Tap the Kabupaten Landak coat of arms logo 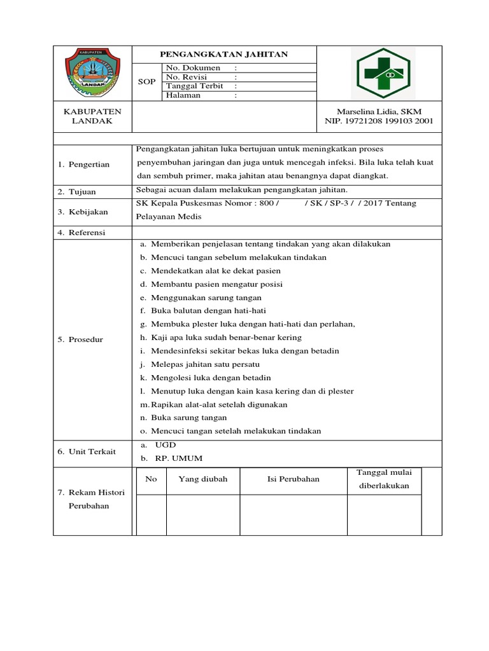(92, 72)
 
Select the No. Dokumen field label (193, 68)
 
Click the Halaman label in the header (183, 95)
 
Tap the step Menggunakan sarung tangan (206, 298)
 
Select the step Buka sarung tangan (188, 418)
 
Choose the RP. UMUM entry (169, 458)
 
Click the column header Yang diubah (202, 479)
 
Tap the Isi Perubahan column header (294, 479)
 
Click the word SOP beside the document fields (146, 82)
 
